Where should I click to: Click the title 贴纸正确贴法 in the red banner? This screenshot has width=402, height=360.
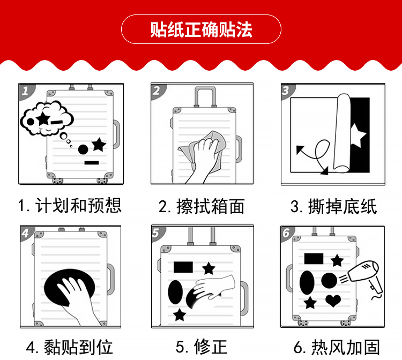[x=201, y=29]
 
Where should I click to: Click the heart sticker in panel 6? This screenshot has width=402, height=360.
[x=333, y=301]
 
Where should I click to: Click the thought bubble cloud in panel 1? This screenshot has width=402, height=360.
[x=47, y=118]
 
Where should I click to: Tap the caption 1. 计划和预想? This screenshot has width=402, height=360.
[x=70, y=205]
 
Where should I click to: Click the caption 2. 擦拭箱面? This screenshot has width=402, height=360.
[x=202, y=206]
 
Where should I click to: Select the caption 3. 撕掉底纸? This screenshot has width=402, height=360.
[x=333, y=206]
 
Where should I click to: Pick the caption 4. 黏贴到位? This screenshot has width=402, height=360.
[x=70, y=347]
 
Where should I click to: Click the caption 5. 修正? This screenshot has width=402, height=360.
[x=202, y=347]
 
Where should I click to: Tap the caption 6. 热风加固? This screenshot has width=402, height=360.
[x=337, y=347]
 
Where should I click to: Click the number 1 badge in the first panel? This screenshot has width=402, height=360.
[x=26, y=91]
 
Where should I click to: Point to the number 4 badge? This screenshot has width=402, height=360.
[x=26, y=232]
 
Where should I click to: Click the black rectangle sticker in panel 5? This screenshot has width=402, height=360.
[x=183, y=267]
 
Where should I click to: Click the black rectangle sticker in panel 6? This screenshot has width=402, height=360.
[x=314, y=259]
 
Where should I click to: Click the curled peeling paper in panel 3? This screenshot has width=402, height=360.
[x=341, y=133]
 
